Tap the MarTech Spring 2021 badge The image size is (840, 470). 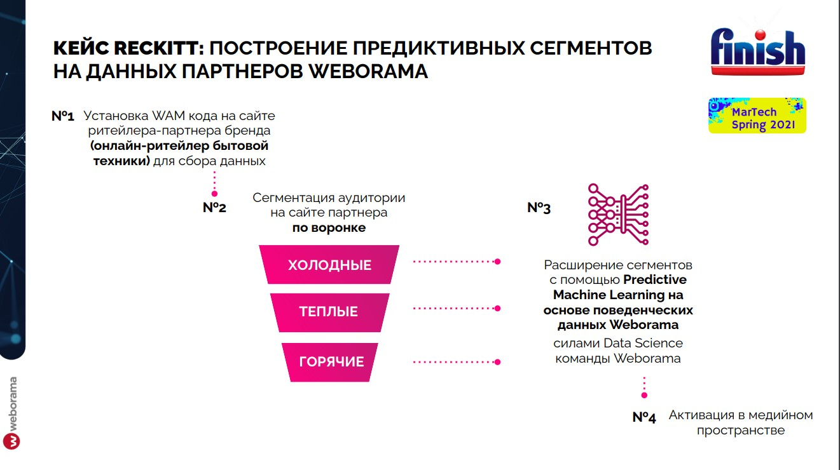pyautogui.click(x=757, y=116)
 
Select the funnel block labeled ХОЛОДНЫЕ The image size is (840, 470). pyautogui.click(x=329, y=265)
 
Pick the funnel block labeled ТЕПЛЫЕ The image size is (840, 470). pyautogui.click(x=329, y=312)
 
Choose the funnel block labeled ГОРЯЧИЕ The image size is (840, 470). pyautogui.click(x=330, y=362)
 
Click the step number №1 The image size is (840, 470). pyautogui.click(x=63, y=116)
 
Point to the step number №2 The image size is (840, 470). pyautogui.click(x=214, y=208)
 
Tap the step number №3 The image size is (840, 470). pyautogui.click(x=539, y=208)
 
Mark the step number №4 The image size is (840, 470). pyautogui.click(x=644, y=417)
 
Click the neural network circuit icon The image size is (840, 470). pyautogui.click(x=618, y=215)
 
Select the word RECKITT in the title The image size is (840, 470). pyautogui.click(x=159, y=48)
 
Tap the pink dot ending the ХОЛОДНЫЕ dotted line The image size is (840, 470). pyautogui.click(x=498, y=262)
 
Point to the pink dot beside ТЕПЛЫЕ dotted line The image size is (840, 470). pyautogui.click(x=498, y=309)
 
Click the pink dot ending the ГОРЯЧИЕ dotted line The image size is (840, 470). pyautogui.click(x=498, y=362)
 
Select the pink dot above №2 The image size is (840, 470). pyautogui.click(x=214, y=194)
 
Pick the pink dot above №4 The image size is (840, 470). pyautogui.click(x=644, y=396)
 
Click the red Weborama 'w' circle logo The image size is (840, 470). pyautogui.click(x=11, y=441)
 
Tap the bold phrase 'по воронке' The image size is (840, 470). pyautogui.click(x=329, y=228)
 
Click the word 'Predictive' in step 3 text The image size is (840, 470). pyautogui.click(x=655, y=279)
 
